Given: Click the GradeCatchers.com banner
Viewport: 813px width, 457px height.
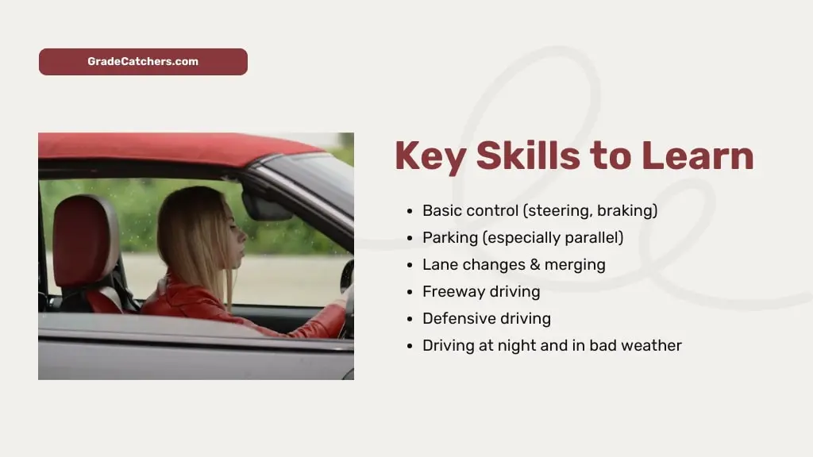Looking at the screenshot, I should pyautogui.click(x=143, y=62).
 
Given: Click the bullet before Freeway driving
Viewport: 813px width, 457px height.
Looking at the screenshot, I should pyautogui.click(x=409, y=292).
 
